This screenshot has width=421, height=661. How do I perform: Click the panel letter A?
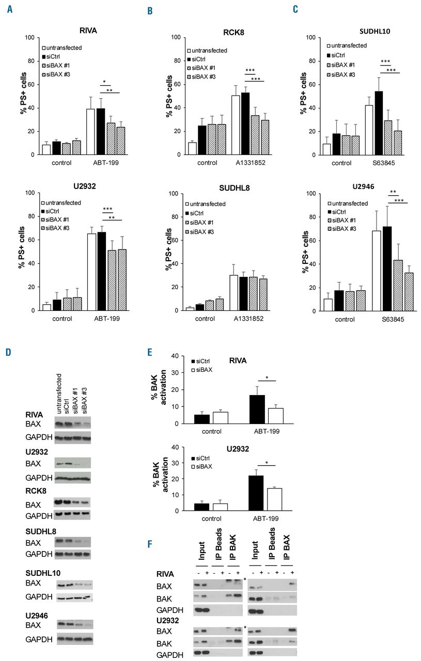click(x=9, y=10)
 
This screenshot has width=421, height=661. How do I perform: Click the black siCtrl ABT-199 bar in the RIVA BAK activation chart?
click(x=261, y=410)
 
